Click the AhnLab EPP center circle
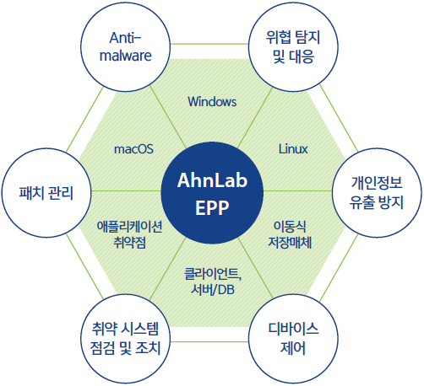point(212,193)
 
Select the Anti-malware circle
point(126,47)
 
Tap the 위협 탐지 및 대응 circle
point(293,47)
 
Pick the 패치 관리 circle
point(46,193)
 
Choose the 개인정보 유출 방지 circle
point(377,193)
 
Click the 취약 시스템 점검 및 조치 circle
point(126,339)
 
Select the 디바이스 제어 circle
point(293,339)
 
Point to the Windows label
point(212,101)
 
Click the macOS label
point(133,149)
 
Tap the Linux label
point(293,149)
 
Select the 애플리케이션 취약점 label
point(129,234)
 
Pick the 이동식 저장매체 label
point(290,234)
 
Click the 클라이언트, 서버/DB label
point(213,281)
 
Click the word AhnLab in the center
point(212,180)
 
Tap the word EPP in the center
point(212,207)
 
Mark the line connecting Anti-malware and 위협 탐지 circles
point(209,44)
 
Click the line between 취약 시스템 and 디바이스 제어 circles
point(209,341)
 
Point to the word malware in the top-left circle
point(126,56)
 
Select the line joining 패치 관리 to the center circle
point(126,191)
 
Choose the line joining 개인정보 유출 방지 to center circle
point(298,191)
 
